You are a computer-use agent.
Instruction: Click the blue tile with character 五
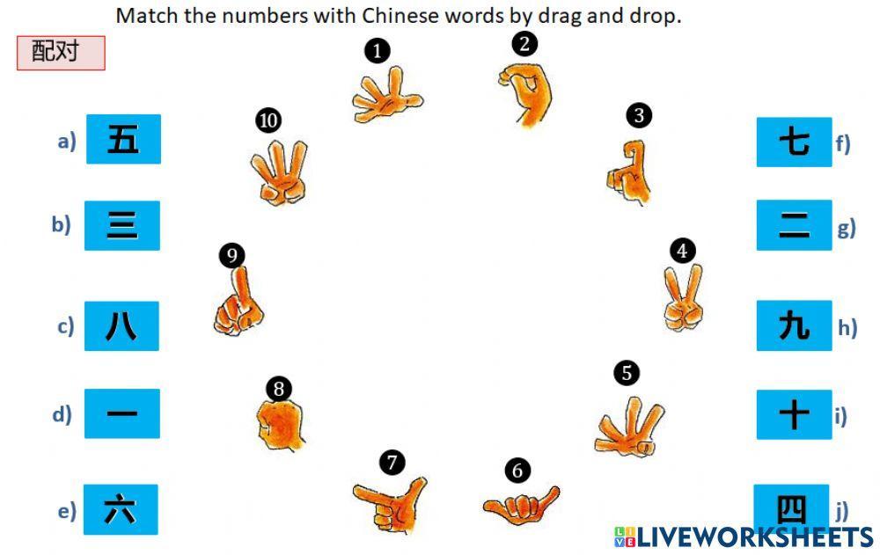pyautogui.click(x=123, y=139)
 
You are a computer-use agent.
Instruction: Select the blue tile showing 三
pyautogui.click(x=122, y=225)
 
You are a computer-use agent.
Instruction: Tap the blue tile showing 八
pyautogui.click(x=121, y=326)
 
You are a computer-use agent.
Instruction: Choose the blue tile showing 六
pyautogui.click(x=121, y=509)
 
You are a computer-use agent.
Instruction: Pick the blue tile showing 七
pyautogui.click(x=794, y=142)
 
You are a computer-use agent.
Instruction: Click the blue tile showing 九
pyautogui.click(x=794, y=325)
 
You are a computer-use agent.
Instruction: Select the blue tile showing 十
pyautogui.click(x=794, y=414)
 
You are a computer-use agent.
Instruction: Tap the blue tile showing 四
pyautogui.click(x=791, y=508)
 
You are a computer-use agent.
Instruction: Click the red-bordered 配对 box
pyautogui.click(x=62, y=53)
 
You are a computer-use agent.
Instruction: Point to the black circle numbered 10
pyautogui.click(x=268, y=120)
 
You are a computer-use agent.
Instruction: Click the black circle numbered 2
pyautogui.click(x=524, y=44)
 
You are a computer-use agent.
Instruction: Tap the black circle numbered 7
pyautogui.click(x=392, y=463)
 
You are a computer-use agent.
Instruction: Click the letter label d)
pyautogui.click(x=62, y=414)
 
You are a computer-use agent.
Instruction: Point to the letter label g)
pyautogui.click(x=847, y=229)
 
